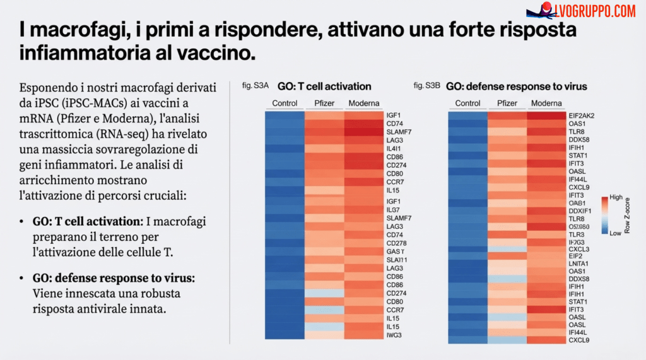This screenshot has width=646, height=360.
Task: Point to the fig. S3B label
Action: [426, 85]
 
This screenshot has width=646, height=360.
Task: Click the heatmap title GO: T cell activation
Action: [324, 86]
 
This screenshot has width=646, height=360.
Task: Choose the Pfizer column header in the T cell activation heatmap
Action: [324, 103]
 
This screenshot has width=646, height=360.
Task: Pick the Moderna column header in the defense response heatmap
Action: [547, 103]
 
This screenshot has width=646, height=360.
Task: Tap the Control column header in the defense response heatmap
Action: [467, 103]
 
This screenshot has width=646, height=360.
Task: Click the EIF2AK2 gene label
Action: [582, 116]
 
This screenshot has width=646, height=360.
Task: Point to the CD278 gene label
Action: [396, 243]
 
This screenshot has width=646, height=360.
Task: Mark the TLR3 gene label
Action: [575, 235]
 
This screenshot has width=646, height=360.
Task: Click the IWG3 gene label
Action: [394, 335]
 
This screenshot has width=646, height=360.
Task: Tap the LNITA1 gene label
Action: [578, 264]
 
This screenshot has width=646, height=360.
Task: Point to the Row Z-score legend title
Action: [628, 215]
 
